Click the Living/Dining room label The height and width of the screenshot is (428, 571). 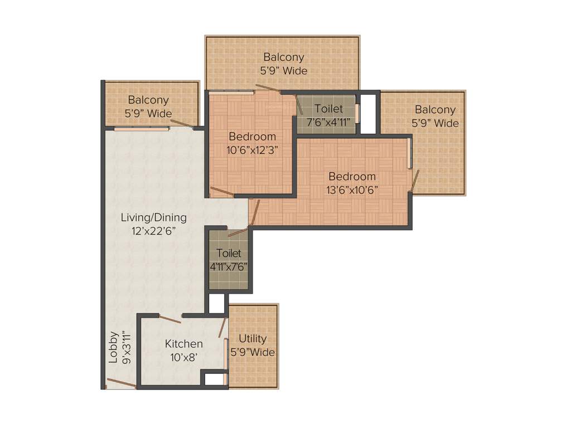[153, 217]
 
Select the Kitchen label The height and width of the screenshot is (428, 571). [183, 344]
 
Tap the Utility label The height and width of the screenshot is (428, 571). [253, 338]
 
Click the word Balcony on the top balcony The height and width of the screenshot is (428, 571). [284, 57]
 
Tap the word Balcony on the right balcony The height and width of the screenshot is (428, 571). [435, 110]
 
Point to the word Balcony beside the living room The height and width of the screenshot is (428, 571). [148, 100]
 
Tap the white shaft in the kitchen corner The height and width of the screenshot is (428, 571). [213, 379]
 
